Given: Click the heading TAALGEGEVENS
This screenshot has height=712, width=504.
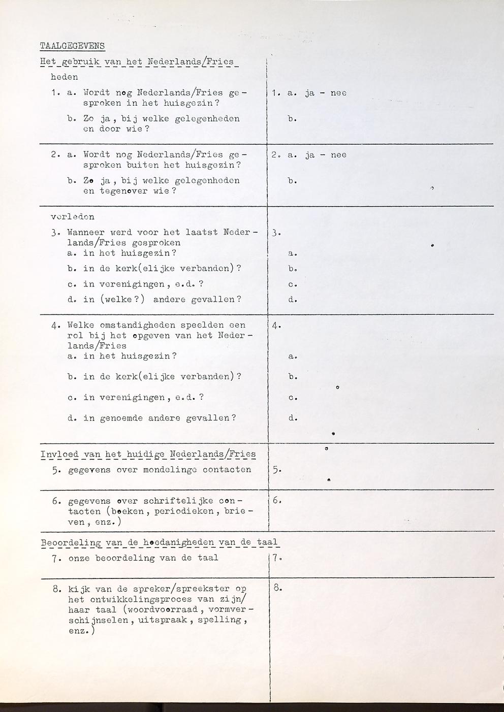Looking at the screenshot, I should point(72,46).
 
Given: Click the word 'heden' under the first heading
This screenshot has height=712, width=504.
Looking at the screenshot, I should point(65,77).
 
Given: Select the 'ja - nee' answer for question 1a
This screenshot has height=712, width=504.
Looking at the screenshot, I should point(326,93).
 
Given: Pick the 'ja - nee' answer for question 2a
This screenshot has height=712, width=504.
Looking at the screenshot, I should point(326,155).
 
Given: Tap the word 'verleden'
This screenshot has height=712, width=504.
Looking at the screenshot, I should point(73,216).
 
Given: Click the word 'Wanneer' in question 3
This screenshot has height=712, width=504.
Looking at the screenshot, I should point(86,232).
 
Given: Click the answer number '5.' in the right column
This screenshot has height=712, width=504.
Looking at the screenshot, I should point(275,470).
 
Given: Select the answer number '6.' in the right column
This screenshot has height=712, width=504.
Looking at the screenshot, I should point(276,501).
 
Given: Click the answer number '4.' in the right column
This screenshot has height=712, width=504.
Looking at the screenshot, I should point(276,326).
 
